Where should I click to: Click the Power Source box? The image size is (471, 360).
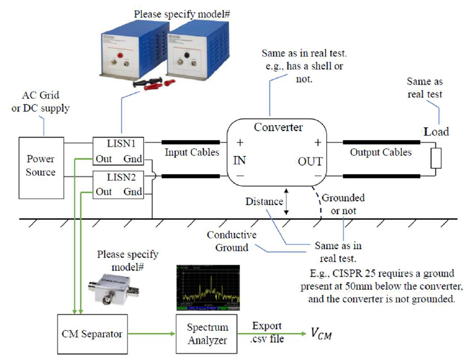pyautogui.click(x=41, y=165)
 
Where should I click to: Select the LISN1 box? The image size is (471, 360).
pyautogui.click(x=123, y=152)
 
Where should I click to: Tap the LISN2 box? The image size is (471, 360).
pyautogui.click(x=123, y=184)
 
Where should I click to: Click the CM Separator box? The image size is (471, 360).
pyautogui.click(x=93, y=334)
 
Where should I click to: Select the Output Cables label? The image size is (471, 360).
pyautogui.click(x=380, y=153)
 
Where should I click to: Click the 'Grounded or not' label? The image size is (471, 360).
pyautogui.click(x=343, y=203)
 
